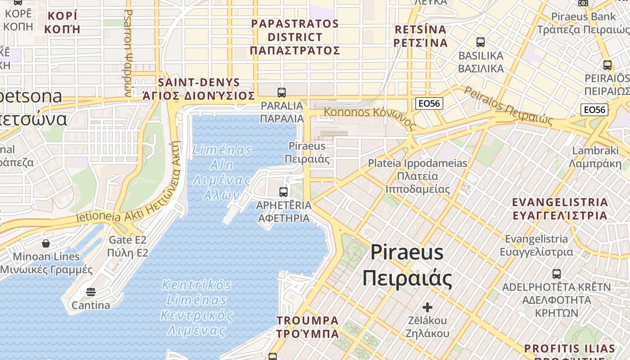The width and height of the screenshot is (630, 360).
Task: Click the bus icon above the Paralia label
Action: coord(282,93)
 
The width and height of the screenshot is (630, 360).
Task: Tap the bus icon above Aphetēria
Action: coord(283,192)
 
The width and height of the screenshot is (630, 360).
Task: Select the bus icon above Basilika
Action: coord(481,42)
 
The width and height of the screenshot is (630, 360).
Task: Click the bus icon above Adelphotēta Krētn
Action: coord(557,274)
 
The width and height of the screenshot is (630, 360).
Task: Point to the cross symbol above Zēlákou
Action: coord(427,307)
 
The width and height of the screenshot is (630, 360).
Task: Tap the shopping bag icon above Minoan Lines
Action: coord(46,243)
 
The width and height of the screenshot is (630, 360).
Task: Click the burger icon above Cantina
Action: coord(91,292)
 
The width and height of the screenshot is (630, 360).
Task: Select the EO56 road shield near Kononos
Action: coord(429,103)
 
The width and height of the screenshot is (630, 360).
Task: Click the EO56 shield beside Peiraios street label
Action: coord(594,110)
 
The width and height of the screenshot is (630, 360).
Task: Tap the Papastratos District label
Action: coord(295,37)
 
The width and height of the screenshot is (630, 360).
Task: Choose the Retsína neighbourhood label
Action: coord(421,36)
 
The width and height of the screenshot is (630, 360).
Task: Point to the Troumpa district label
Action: coord(308,327)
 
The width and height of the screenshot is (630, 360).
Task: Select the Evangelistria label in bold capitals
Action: coord(560,208)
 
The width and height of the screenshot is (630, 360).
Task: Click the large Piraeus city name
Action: coord(407,265)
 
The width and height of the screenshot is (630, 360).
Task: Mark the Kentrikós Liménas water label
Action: coord(197,308)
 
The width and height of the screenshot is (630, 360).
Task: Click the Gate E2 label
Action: coord(128,246)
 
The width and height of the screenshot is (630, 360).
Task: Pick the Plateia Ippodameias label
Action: coord(418,176)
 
